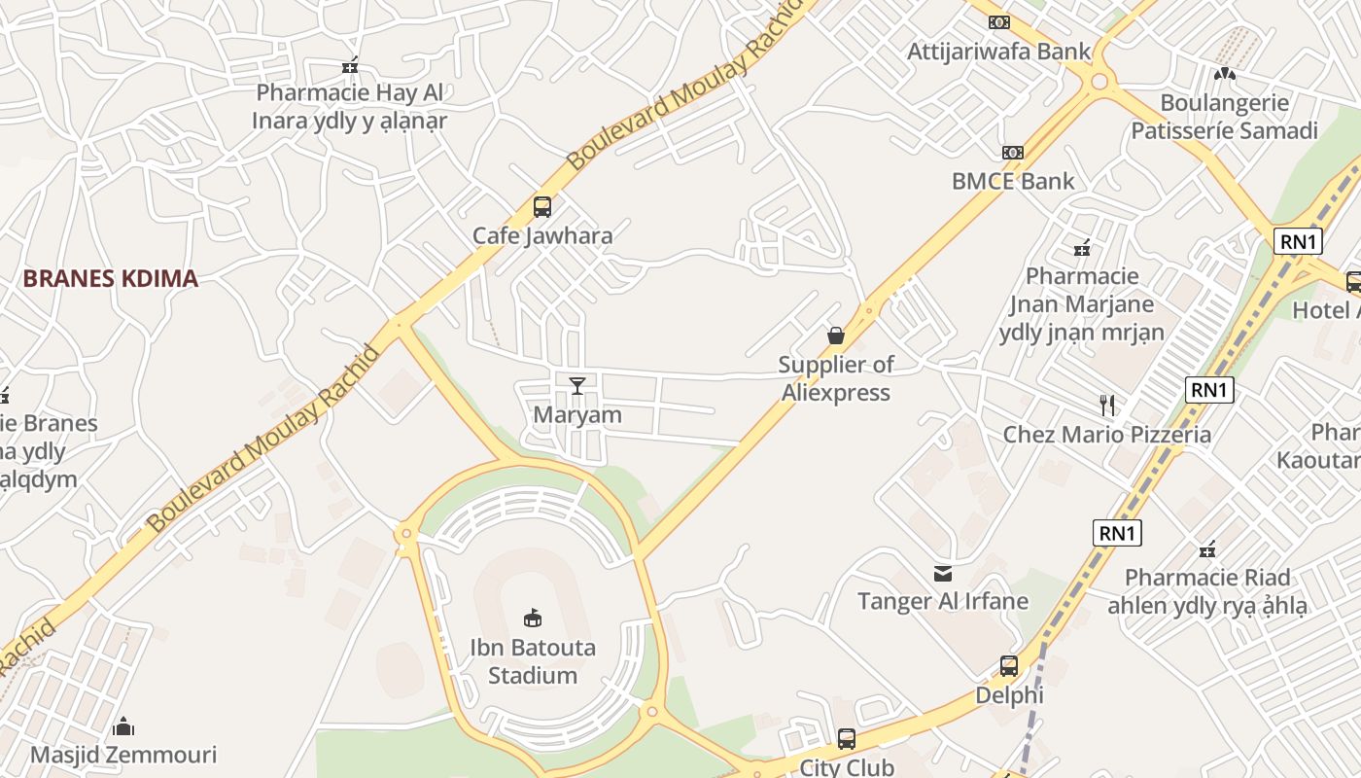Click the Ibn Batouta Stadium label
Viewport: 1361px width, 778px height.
coord(533,661)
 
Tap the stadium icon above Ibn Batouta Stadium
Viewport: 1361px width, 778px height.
coord(533,618)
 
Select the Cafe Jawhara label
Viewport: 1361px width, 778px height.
coord(542,235)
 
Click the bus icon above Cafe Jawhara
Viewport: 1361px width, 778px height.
coord(542,206)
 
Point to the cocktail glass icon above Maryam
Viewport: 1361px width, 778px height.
coord(577,386)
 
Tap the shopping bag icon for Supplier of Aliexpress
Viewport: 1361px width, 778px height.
coord(835,336)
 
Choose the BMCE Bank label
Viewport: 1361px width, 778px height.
coord(1013,181)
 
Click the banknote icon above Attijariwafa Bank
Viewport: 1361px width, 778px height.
coord(999,22)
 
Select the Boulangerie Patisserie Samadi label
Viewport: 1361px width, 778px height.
coord(1224,117)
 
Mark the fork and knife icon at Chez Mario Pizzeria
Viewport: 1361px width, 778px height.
coord(1107,405)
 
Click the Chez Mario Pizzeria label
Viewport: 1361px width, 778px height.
coord(1107,434)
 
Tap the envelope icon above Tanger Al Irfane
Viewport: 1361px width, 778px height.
coord(943,573)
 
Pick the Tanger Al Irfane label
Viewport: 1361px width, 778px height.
coord(943,601)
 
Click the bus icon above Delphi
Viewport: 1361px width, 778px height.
coord(1009,666)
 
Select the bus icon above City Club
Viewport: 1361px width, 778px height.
coord(847,739)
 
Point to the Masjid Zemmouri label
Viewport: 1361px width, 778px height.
coord(123,755)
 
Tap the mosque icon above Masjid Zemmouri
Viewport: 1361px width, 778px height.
coord(123,726)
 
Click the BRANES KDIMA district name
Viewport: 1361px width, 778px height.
coord(111,278)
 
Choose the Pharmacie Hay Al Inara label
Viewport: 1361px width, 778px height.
coord(349,107)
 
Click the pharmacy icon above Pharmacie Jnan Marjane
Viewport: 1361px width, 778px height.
coord(1082,248)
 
